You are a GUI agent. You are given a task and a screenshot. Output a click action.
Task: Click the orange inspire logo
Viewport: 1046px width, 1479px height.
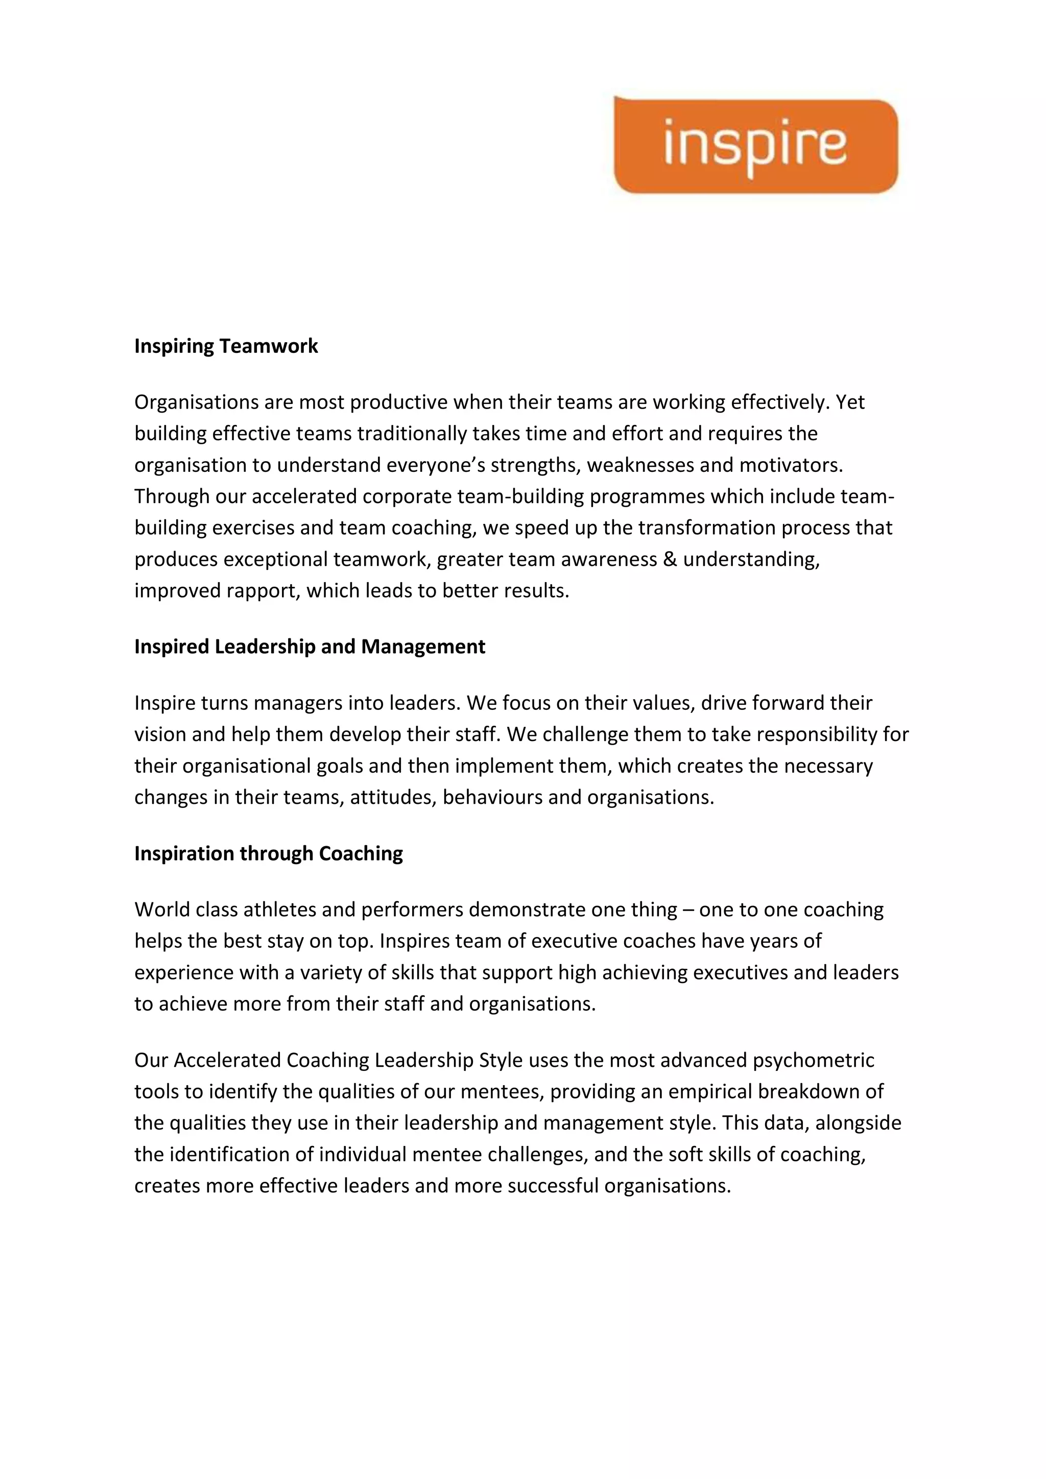(755, 146)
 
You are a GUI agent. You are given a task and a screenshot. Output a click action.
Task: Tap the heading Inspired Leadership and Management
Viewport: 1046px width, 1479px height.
(309, 646)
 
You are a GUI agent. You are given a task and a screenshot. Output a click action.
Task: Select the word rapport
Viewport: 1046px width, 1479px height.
(262, 591)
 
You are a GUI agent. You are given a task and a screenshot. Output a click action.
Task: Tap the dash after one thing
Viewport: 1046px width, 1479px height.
(688, 910)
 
